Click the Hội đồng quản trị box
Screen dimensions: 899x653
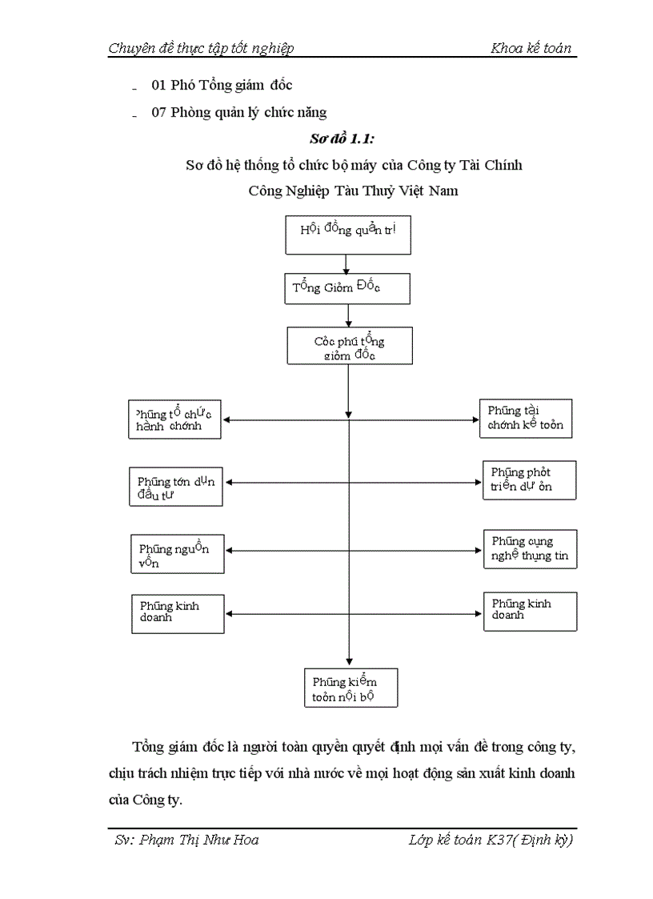348,235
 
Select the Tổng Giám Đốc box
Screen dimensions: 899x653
347,289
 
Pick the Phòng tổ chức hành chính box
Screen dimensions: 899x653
175,419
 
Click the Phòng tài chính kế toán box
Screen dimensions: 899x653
526,418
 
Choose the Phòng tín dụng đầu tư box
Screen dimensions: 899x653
176,487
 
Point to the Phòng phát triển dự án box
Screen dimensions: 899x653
529,480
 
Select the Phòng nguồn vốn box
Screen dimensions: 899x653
177,554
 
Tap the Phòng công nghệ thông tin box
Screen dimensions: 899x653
530,548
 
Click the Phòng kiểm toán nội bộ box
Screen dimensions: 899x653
351,688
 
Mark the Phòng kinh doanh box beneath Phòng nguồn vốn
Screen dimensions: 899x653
178,613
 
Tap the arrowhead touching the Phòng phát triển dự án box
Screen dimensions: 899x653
478,483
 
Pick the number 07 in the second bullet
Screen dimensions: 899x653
159,112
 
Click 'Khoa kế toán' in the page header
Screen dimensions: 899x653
531,48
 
